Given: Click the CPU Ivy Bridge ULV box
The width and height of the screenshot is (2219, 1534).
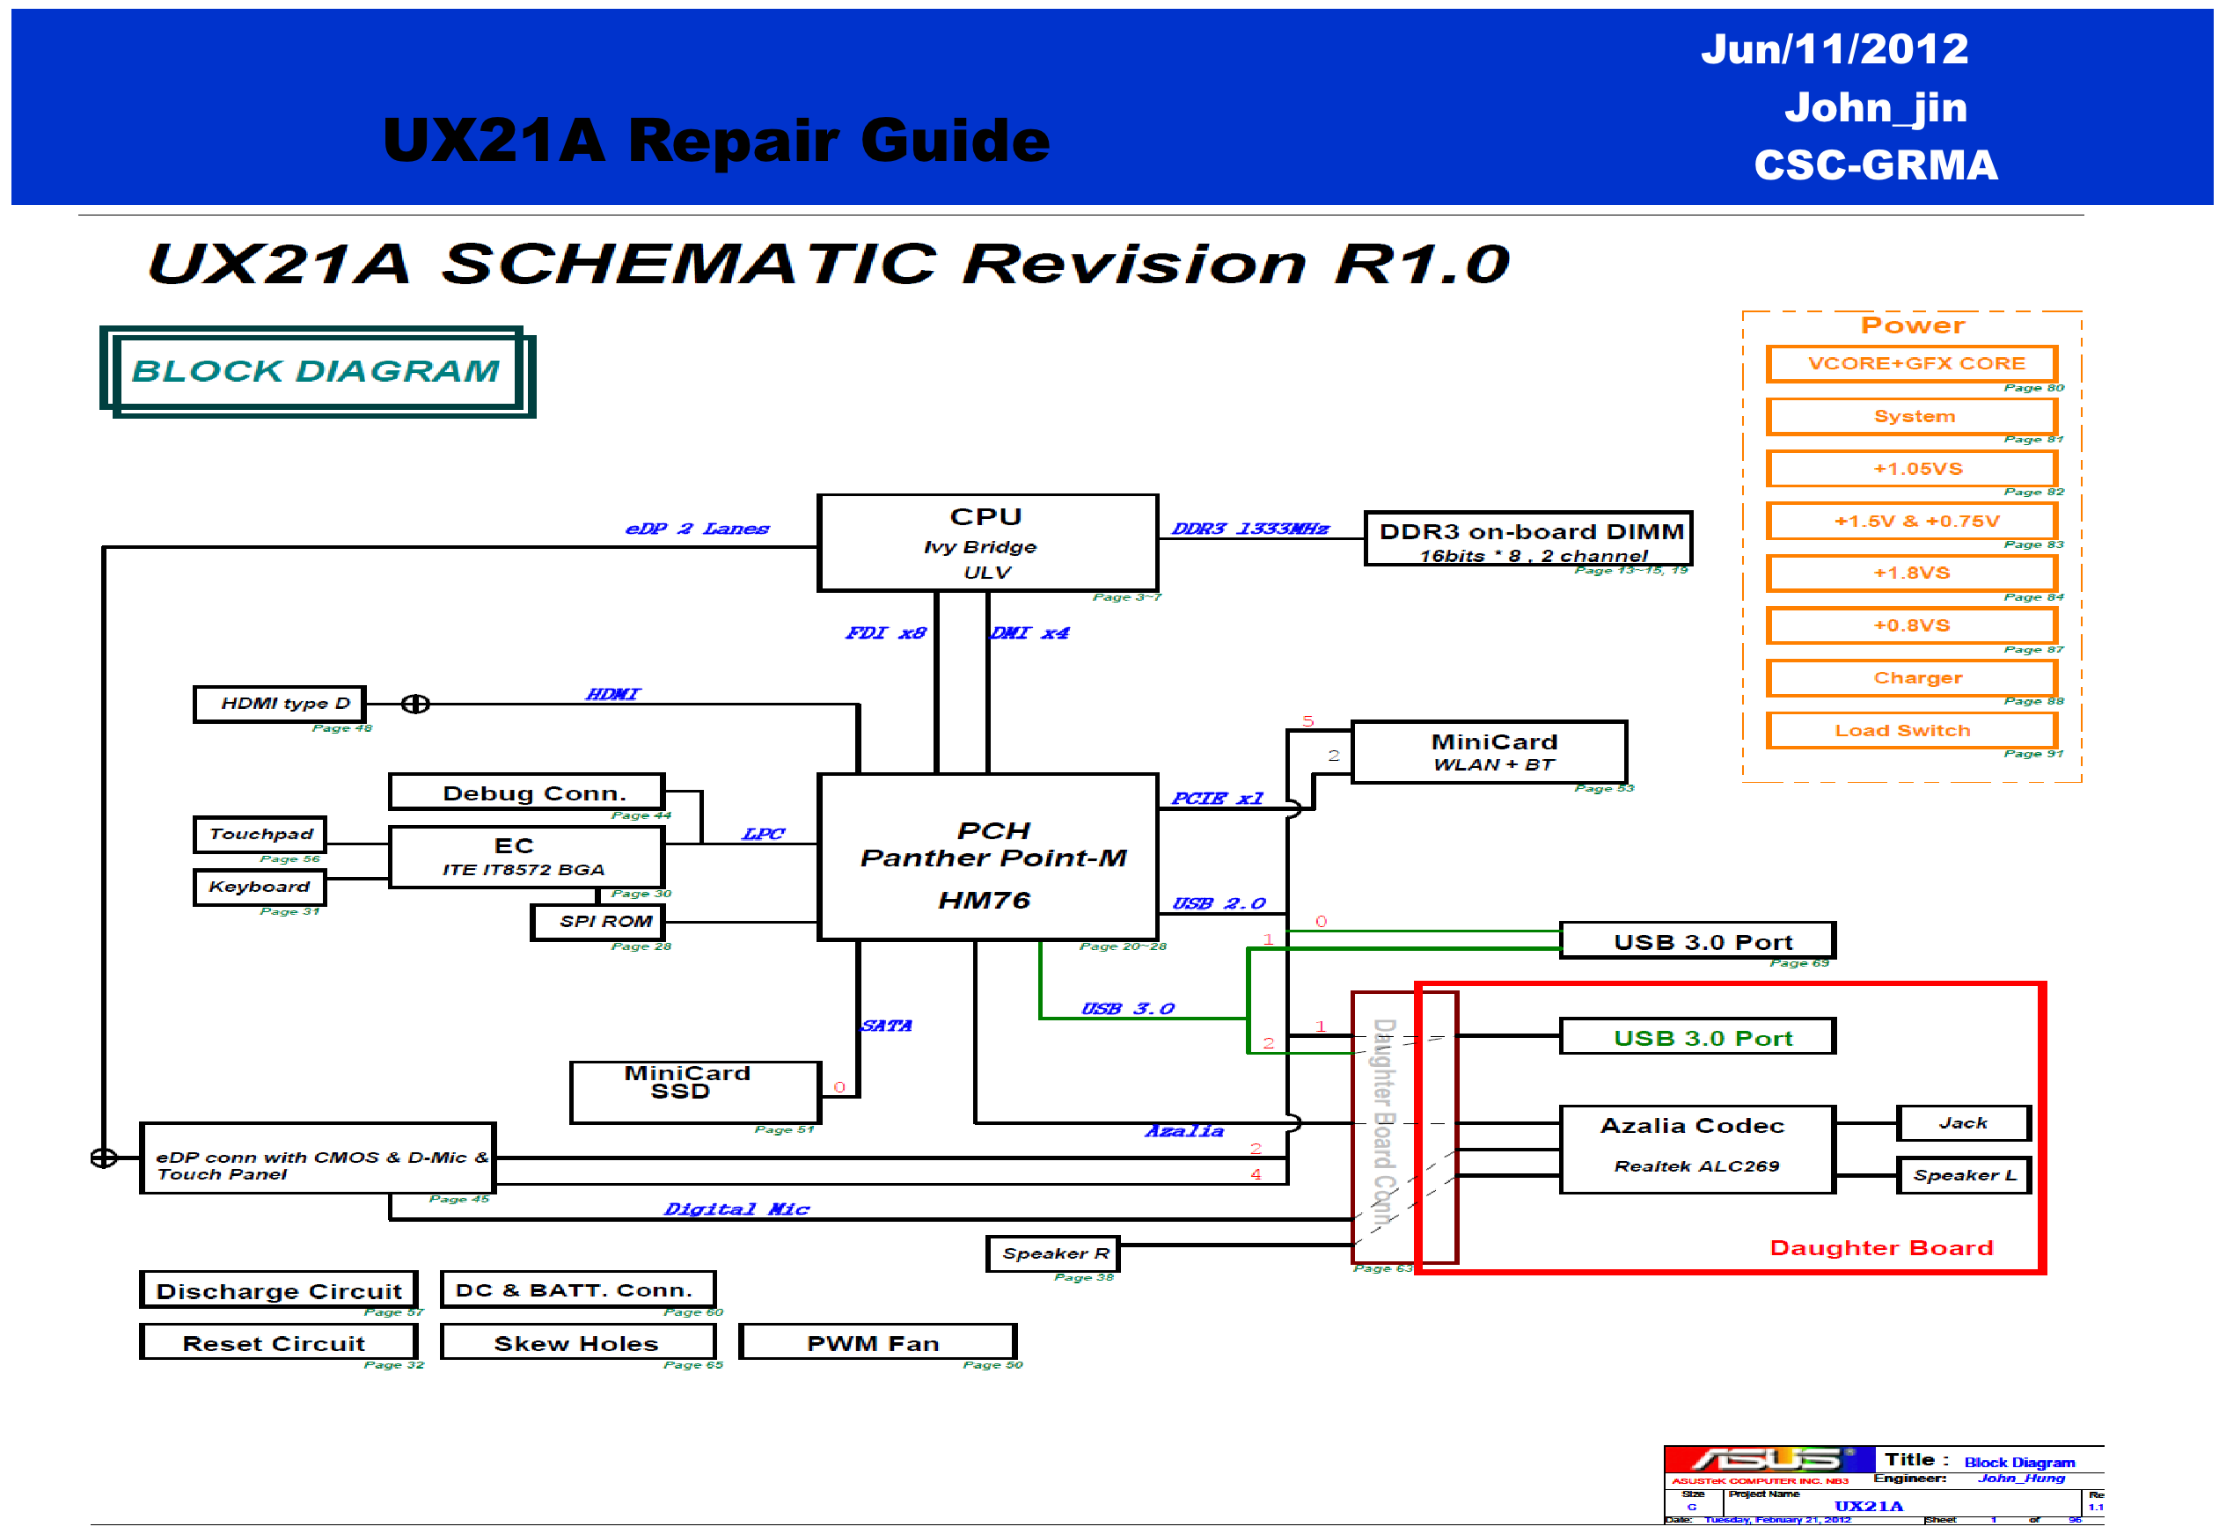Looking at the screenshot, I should click(986, 543).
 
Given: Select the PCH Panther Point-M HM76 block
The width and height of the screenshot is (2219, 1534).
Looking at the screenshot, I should click(986, 858).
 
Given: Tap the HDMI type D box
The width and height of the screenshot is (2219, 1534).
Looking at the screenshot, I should click(280, 704).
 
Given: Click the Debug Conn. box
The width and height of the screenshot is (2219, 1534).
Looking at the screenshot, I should click(526, 793).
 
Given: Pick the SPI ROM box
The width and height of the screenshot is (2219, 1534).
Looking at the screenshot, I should click(597, 922).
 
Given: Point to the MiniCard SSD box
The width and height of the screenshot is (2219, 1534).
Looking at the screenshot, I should click(694, 1092).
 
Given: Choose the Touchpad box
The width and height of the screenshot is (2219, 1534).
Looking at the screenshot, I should click(260, 834).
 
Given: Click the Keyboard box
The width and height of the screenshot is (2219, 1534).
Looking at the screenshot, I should click(260, 886).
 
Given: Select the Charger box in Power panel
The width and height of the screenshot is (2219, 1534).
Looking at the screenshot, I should click(1911, 677).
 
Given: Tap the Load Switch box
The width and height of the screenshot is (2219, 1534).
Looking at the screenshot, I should click(1911, 730).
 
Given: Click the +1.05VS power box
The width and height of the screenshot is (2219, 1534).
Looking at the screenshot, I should click(1911, 469).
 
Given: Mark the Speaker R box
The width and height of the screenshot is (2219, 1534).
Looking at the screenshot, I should click(1053, 1253).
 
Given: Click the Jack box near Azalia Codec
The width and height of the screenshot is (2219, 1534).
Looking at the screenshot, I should click(1962, 1122).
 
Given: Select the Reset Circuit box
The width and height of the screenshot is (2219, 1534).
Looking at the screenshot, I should click(278, 1343).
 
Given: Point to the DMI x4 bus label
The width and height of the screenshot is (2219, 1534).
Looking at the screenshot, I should click(1029, 632).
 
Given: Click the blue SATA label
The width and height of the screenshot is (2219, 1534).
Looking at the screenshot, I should click(885, 1026).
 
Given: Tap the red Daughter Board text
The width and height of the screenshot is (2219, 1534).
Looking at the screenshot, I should click(1880, 1247).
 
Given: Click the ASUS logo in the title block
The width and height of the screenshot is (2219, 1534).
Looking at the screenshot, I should click(1767, 1460).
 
